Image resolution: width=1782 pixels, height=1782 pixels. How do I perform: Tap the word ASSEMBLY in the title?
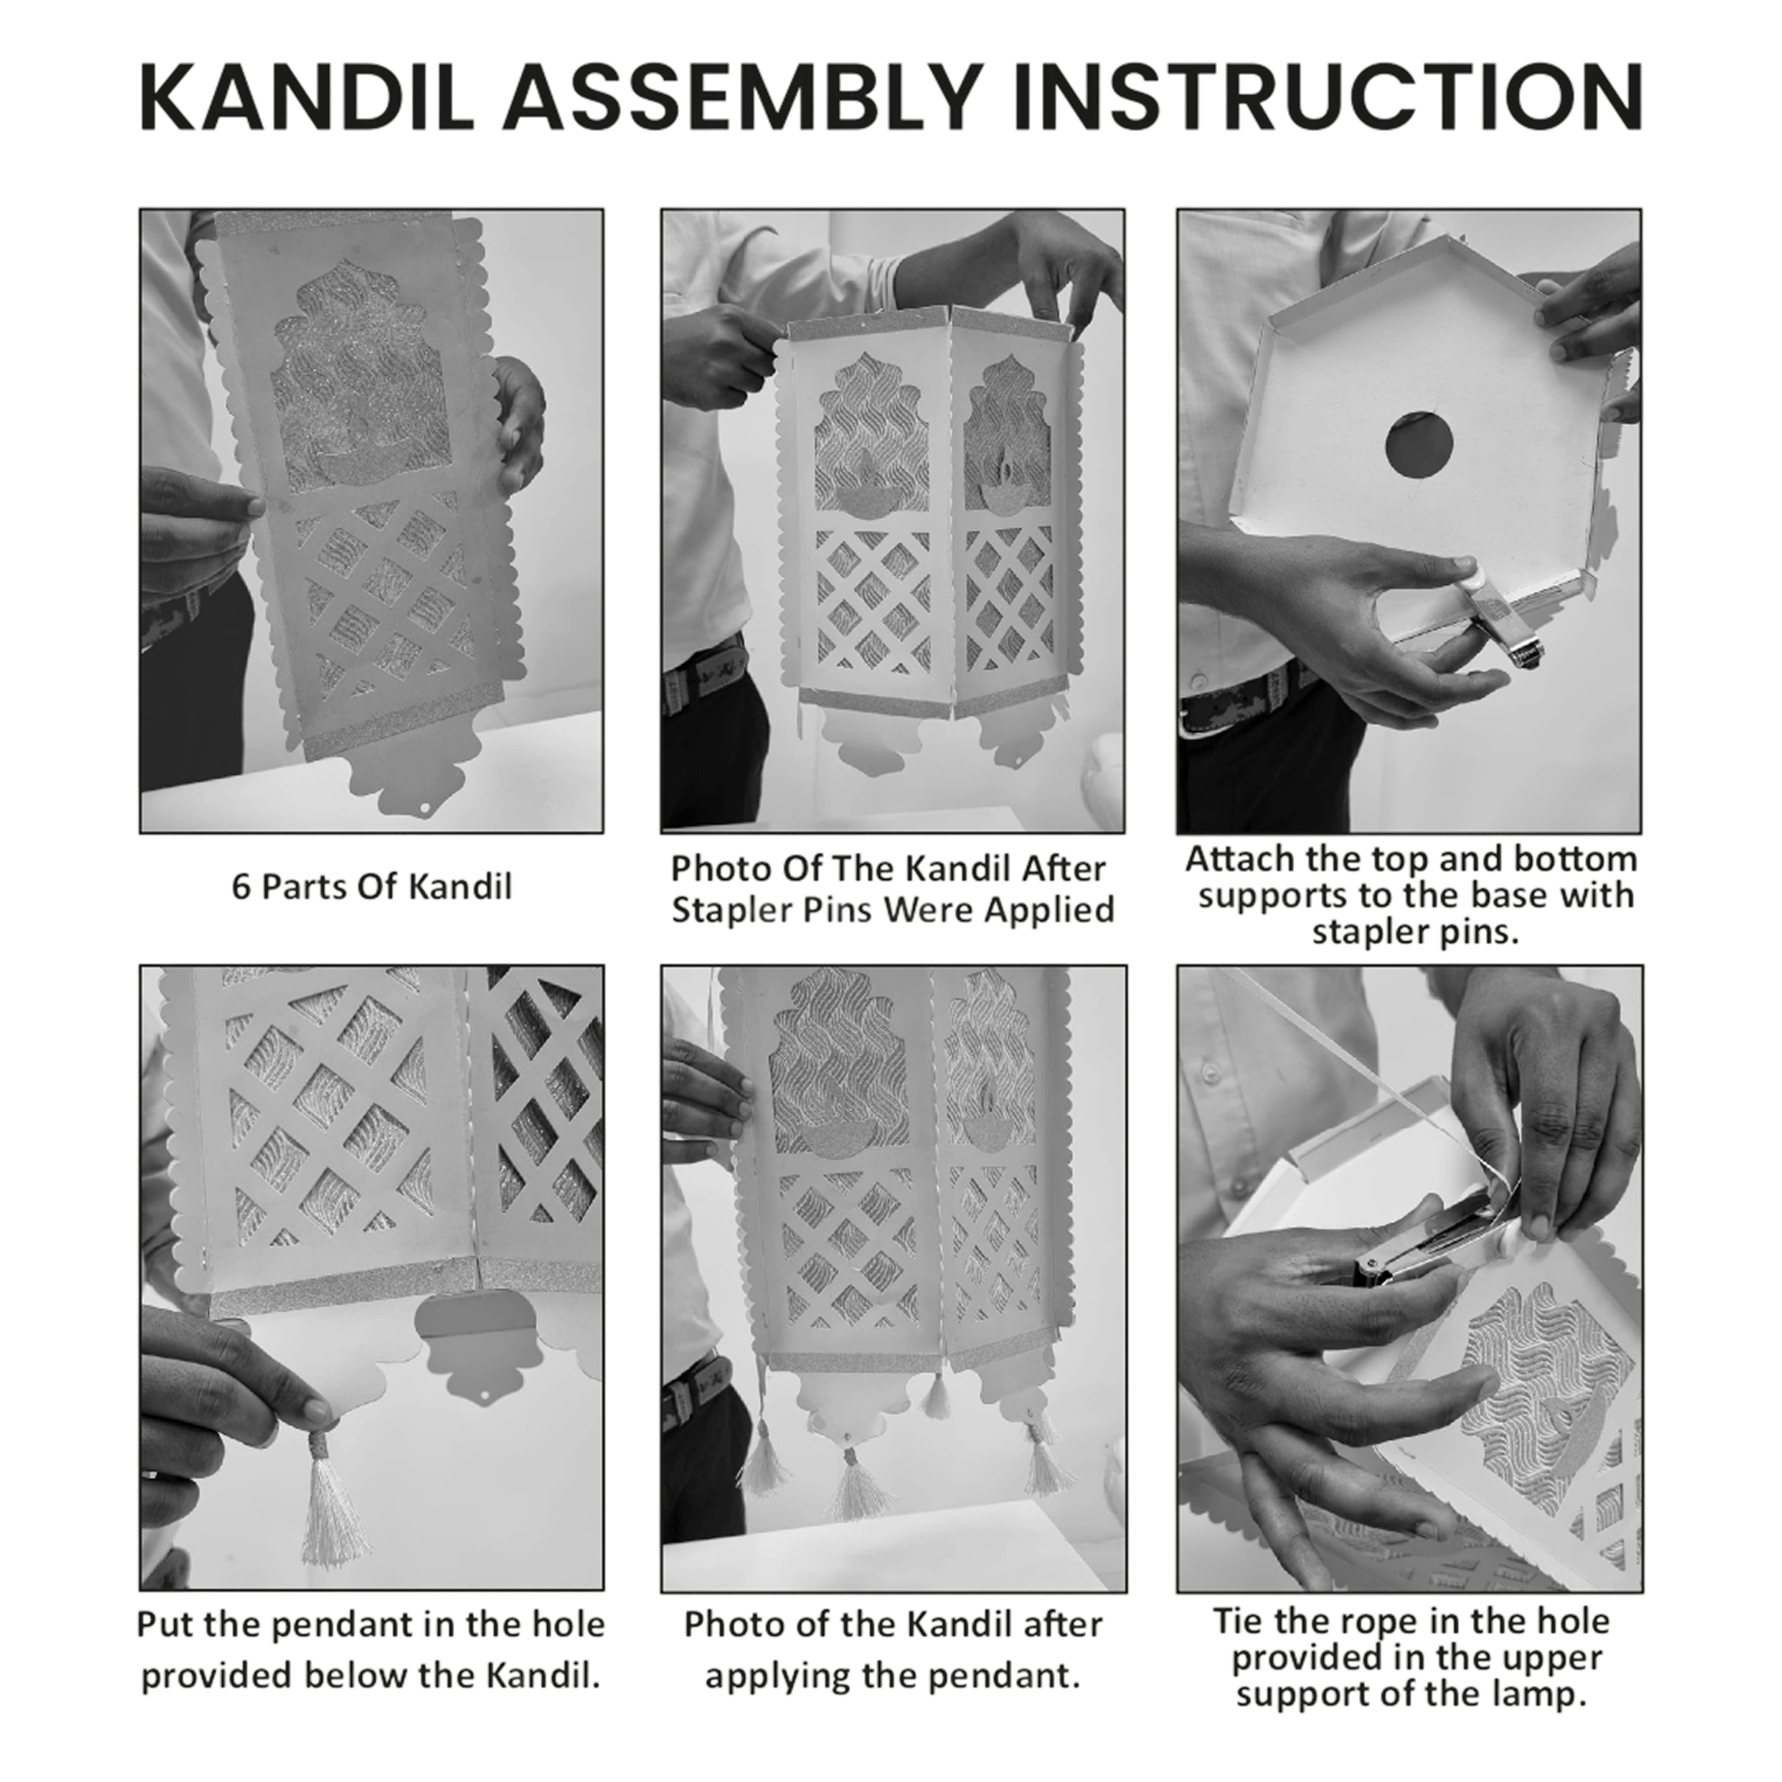coord(741,98)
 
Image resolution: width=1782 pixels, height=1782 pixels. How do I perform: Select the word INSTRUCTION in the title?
coord(1326,98)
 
